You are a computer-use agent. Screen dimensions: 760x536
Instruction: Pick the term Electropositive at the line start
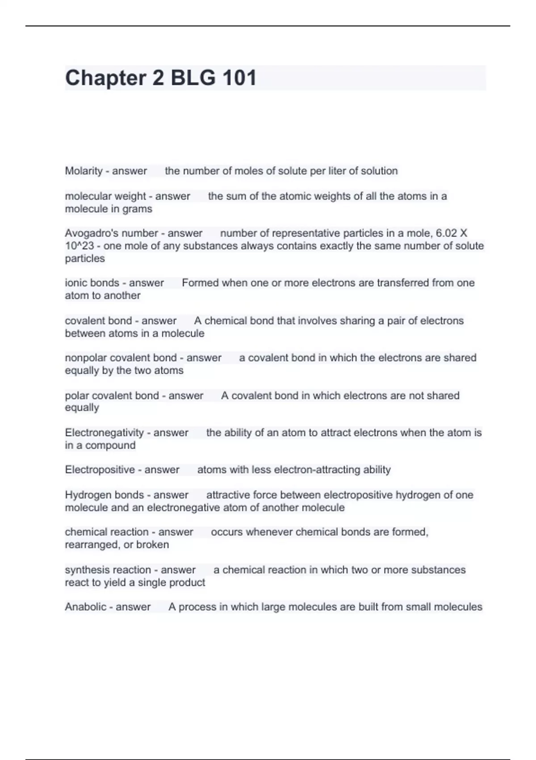click(100, 470)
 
